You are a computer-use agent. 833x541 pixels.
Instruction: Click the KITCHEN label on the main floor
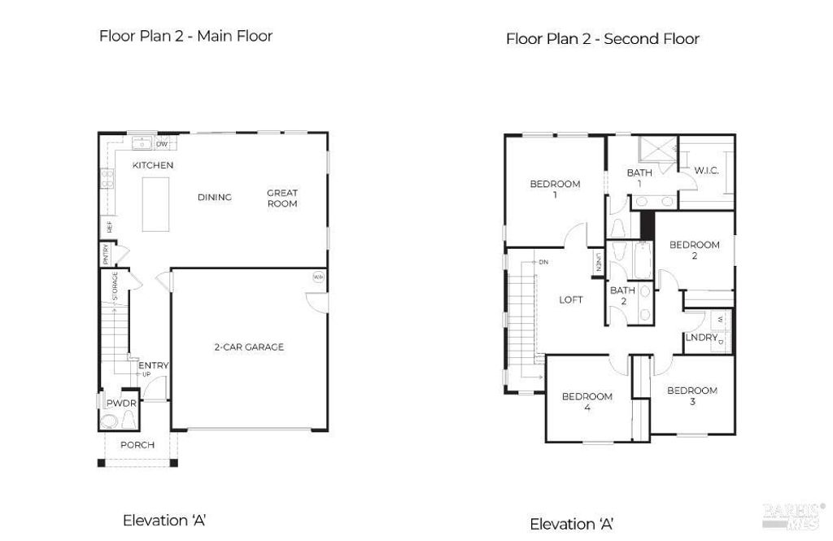[153, 165]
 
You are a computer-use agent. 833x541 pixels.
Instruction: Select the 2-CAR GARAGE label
[249, 347]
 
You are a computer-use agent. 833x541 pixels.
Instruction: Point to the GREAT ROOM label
[282, 199]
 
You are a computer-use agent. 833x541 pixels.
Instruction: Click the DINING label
[215, 197]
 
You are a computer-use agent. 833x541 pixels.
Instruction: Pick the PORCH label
[137, 445]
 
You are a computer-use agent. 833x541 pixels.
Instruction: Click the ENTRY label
[153, 366]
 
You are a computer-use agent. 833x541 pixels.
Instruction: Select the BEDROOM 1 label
[555, 189]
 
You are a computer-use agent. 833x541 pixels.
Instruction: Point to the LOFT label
[571, 299]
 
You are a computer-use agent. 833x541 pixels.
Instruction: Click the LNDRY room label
[701, 338]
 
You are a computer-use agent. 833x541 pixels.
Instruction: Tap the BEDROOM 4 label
[587, 402]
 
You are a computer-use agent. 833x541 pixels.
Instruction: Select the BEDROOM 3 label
[692, 395]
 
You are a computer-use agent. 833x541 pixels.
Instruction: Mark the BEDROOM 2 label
[694, 250]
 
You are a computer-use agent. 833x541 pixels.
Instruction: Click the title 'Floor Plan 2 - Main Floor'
[185, 36]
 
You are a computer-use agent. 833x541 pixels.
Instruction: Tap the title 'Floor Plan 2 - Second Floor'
[602, 39]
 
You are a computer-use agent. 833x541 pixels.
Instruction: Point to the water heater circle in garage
[317, 277]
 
